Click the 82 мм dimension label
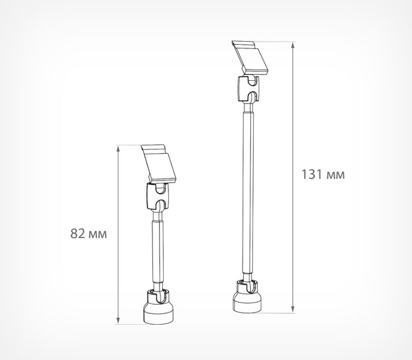(89, 233)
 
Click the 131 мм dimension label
(323, 174)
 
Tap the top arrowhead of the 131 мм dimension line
(293, 45)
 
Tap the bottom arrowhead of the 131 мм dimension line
(293, 309)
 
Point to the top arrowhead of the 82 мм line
(118, 149)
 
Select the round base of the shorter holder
(158, 312)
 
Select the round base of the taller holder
(247, 302)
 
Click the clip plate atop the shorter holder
(158, 164)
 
